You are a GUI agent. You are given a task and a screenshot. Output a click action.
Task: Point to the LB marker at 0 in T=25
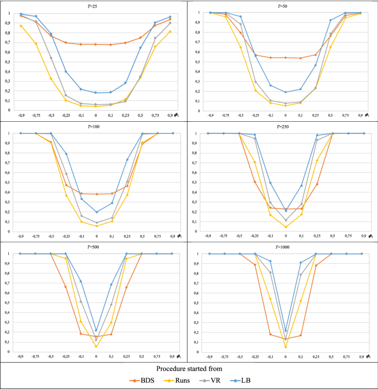(95, 93)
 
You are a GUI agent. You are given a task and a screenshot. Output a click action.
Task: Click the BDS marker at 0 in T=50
(285, 57)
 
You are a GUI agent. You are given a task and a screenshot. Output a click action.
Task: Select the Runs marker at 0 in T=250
(286, 227)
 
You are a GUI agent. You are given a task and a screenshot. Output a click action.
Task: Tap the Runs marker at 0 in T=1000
(286, 347)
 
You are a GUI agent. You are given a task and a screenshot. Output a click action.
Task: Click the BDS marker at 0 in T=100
(96, 194)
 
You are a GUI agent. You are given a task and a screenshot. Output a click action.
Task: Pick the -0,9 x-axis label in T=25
(21, 116)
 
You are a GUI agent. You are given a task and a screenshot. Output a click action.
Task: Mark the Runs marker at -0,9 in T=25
(21, 26)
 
